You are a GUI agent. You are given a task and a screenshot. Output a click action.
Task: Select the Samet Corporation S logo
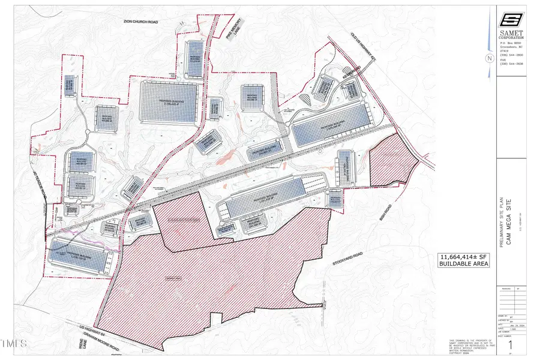(511, 20)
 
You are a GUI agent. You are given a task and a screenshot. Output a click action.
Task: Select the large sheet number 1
(511, 346)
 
